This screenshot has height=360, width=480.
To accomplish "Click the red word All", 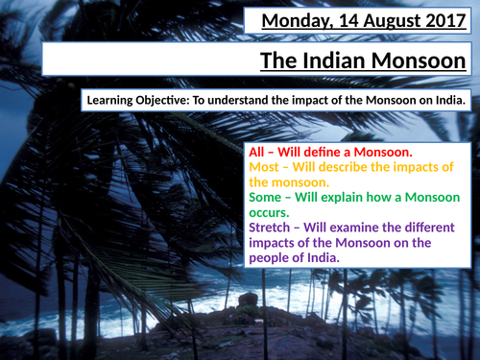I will (x=259, y=152).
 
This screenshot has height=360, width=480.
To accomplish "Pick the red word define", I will (x=330, y=152).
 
